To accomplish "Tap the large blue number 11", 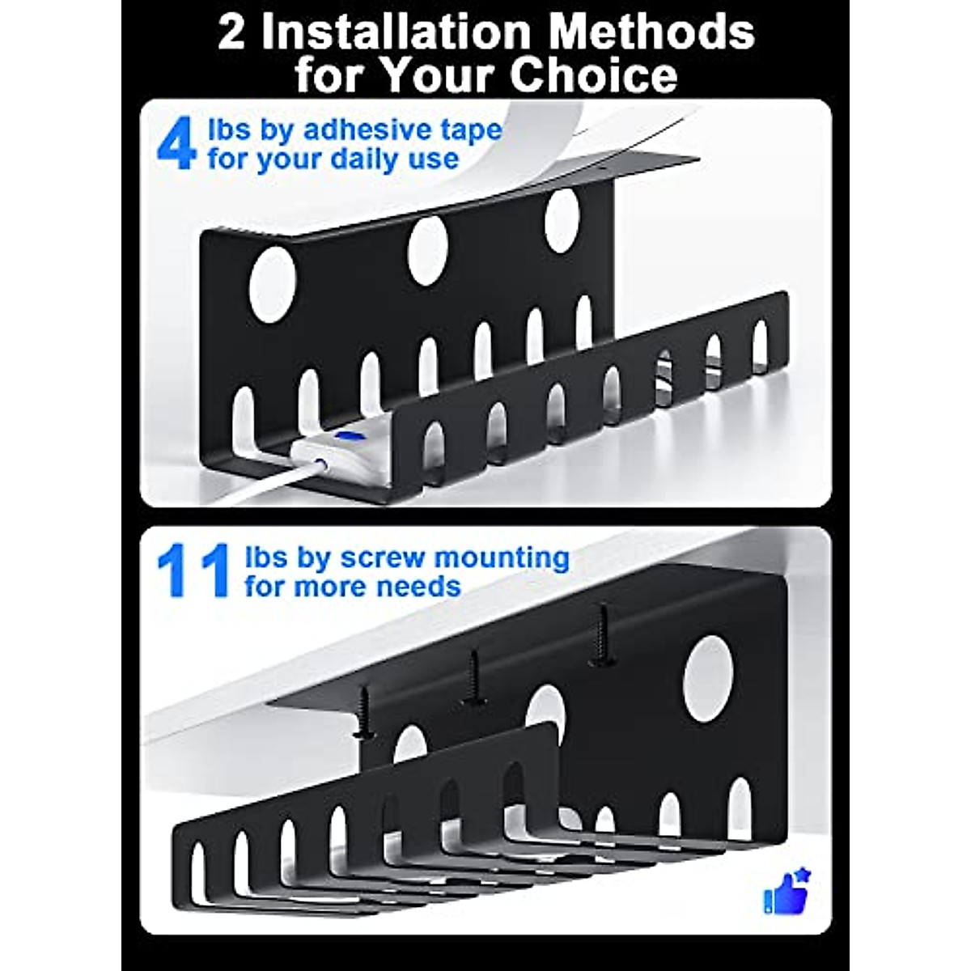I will (x=193, y=571).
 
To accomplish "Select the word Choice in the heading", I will (x=593, y=74).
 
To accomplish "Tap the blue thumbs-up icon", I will (x=786, y=892).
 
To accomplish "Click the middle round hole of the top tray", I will (x=427, y=250).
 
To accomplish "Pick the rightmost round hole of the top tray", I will (x=562, y=219).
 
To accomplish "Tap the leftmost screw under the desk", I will (x=364, y=713).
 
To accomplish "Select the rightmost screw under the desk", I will (x=600, y=634).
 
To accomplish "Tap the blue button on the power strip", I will (x=351, y=435).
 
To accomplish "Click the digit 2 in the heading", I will (x=231, y=32).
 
